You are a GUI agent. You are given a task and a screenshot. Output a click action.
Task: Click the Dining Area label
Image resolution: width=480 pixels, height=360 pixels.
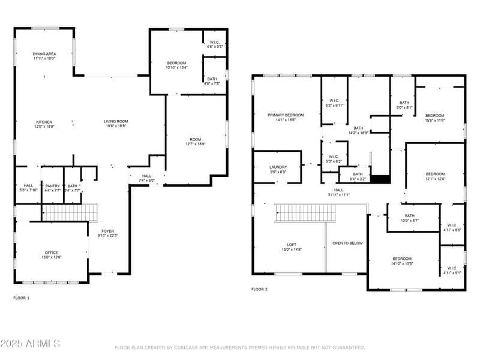(x=44, y=54)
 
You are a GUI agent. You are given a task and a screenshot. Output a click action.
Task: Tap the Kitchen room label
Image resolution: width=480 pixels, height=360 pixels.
(x=44, y=122)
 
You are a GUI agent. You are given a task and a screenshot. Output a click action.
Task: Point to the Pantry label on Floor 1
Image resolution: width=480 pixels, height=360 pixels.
(x=52, y=186)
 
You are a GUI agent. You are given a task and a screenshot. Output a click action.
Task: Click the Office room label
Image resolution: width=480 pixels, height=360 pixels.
(x=52, y=253)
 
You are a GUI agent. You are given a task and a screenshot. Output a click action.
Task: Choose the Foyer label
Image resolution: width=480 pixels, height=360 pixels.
(x=107, y=231)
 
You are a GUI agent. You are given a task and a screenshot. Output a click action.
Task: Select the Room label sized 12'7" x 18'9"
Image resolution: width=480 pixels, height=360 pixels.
(x=196, y=139)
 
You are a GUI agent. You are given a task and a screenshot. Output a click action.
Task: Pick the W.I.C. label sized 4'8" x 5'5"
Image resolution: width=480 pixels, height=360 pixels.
(x=214, y=42)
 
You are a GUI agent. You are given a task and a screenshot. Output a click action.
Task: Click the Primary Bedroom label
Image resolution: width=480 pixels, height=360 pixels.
(x=286, y=115)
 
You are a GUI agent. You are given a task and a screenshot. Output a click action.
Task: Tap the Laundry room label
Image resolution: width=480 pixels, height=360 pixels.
(x=278, y=167)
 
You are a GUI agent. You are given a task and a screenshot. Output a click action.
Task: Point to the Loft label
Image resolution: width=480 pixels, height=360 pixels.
(x=292, y=244)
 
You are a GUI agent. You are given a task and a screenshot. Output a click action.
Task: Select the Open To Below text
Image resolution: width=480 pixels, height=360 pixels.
(x=347, y=243)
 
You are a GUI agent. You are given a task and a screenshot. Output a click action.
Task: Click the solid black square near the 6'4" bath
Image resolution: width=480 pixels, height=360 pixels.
(x=381, y=179)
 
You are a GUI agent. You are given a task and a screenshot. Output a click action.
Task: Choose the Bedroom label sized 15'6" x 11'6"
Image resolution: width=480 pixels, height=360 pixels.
(x=435, y=115)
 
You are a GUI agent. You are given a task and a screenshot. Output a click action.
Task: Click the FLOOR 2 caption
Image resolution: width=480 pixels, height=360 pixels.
(x=259, y=289)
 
